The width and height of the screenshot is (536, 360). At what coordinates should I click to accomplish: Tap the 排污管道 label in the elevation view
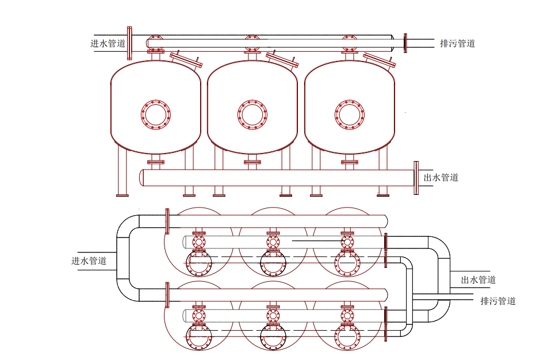click(x=457, y=43)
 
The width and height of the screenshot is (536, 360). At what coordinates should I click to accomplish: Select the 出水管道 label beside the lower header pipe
click(x=441, y=177)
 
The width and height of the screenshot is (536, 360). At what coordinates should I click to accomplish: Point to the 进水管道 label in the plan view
click(x=89, y=261)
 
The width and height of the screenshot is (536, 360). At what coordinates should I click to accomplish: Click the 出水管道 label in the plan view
click(x=478, y=280)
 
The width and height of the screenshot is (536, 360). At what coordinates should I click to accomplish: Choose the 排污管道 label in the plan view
click(x=497, y=301)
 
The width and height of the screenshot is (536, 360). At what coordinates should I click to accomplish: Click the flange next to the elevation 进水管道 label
click(x=129, y=43)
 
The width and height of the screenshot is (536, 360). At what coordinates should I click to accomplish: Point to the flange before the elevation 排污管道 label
click(x=405, y=43)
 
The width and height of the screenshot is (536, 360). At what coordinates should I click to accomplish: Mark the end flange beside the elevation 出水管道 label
click(x=416, y=178)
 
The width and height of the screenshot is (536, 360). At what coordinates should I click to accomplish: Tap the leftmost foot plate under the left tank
click(x=122, y=195)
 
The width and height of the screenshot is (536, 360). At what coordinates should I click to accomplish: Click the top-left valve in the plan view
click(x=199, y=241)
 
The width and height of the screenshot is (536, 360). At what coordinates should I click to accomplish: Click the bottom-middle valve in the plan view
click(x=273, y=315)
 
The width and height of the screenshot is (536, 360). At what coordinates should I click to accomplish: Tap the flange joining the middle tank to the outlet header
click(x=252, y=162)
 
